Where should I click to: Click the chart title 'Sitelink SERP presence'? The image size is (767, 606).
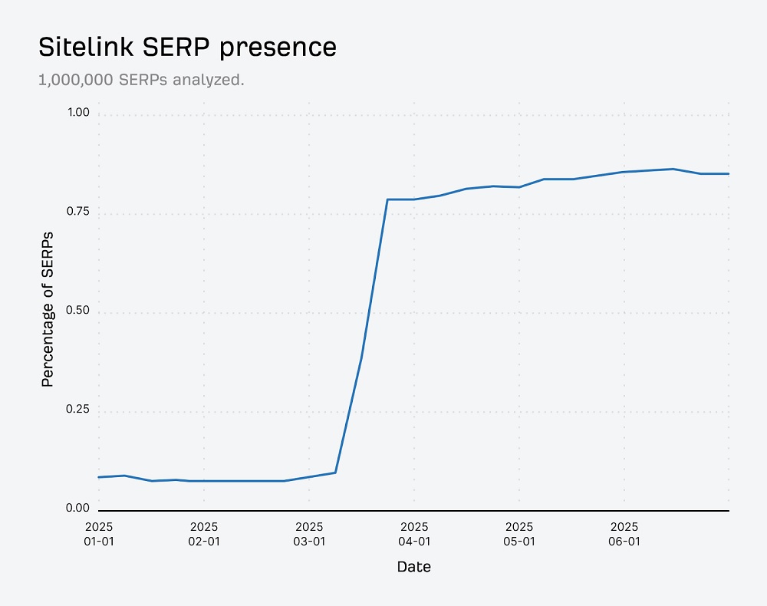(x=187, y=48)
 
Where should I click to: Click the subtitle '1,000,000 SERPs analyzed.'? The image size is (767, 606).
(x=141, y=80)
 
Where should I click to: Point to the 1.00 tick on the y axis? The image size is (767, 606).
(x=79, y=114)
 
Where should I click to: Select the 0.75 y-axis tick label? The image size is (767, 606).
(x=79, y=212)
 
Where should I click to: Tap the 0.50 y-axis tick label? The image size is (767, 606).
(x=79, y=311)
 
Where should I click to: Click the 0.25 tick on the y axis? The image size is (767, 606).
(x=79, y=410)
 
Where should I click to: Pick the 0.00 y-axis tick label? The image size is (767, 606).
(x=79, y=509)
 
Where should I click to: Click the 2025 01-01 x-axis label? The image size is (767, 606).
(x=99, y=534)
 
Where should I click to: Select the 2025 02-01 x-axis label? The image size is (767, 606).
(x=204, y=534)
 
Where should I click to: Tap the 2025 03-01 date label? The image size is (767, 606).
(x=309, y=534)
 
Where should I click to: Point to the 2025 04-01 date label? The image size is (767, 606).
(x=414, y=534)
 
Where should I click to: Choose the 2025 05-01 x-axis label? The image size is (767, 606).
(x=519, y=534)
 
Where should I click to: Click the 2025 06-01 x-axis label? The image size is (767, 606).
(x=624, y=534)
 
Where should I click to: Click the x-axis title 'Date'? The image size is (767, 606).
(x=413, y=568)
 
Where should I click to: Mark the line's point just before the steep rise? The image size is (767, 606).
(x=336, y=473)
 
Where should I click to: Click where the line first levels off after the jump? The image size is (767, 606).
(x=388, y=199)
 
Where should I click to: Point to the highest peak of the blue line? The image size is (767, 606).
(x=673, y=169)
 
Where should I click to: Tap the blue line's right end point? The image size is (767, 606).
(x=728, y=173)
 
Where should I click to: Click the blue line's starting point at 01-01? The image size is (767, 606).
(x=99, y=477)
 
